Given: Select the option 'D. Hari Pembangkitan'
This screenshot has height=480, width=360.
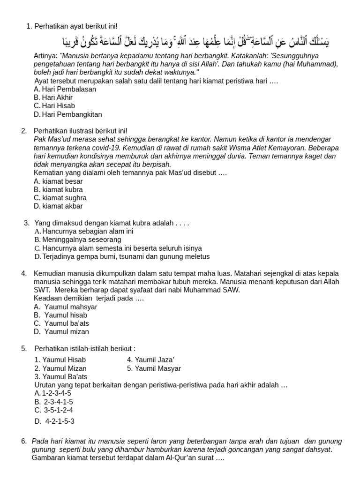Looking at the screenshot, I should click(68, 114).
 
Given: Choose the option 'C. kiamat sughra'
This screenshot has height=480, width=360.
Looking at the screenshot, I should click(60, 198).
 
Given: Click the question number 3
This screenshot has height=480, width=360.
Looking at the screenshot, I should click(26, 223).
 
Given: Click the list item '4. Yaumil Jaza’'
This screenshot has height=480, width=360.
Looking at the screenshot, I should click(150, 360).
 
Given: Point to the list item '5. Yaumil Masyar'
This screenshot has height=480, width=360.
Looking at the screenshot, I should click(154, 368).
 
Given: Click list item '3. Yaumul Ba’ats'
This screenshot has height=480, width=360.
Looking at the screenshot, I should click(61, 376).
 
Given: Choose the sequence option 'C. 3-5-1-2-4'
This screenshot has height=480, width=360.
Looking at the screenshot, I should click(54, 410).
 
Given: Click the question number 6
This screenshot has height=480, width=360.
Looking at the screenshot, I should click(24, 441).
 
